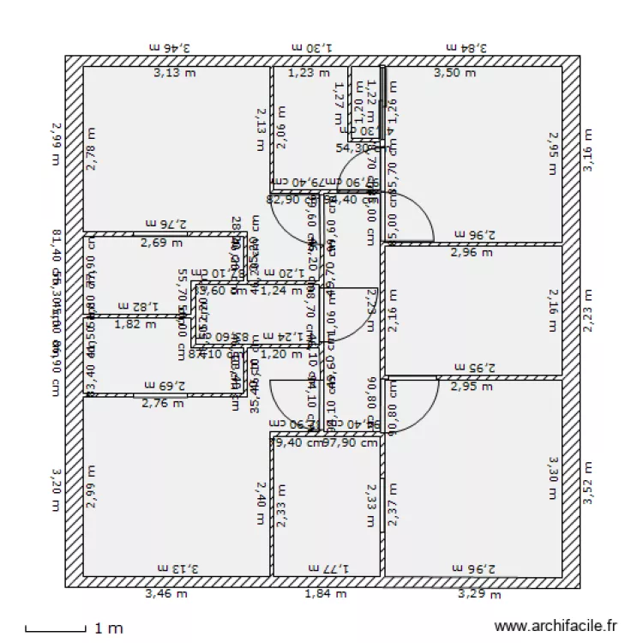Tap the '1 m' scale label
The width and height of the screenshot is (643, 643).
point(109,628)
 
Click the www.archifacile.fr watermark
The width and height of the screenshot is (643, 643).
point(556,628)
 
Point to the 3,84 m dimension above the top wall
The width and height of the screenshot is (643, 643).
point(466,49)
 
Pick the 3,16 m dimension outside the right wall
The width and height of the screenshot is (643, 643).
point(588,151)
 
